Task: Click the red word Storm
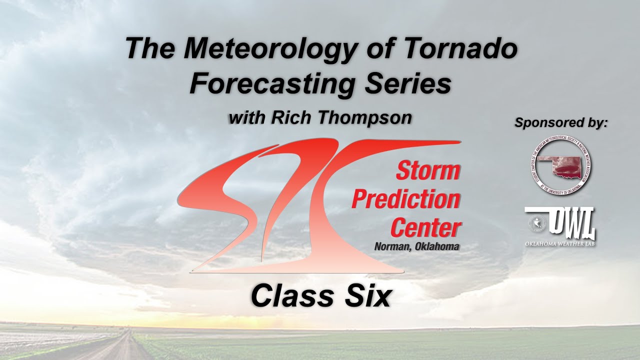(x=428, y=171)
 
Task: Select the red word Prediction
(x=406, y=199)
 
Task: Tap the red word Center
(x=425, y=228)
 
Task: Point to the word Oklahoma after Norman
(x=437, y=246)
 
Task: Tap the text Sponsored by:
(x=561, y=122)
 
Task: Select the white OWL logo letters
(x=570, y=222)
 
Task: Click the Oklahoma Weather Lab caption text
(x=559, y=243)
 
